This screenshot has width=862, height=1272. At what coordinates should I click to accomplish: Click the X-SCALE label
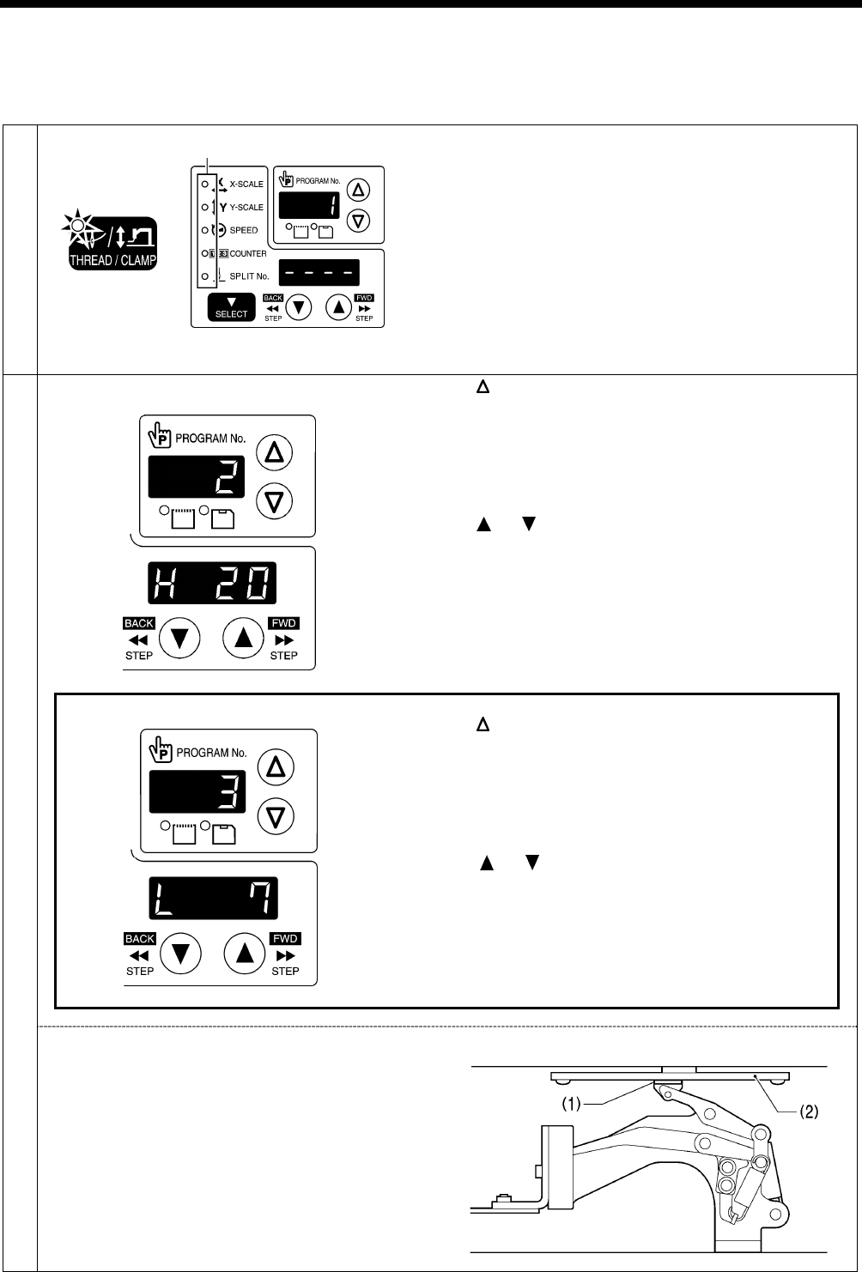pos(246,185)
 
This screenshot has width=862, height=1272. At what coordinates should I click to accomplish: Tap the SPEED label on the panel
pos(243,231)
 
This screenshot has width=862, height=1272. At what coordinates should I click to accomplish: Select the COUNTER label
pos(247,254)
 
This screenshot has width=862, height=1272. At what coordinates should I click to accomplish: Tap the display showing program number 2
pos(197,476)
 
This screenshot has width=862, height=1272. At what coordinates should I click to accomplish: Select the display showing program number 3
pos(197,790)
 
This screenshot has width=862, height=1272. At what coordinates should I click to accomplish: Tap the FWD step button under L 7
pos(245,953)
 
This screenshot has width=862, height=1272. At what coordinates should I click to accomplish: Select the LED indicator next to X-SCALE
pos(203,184)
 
